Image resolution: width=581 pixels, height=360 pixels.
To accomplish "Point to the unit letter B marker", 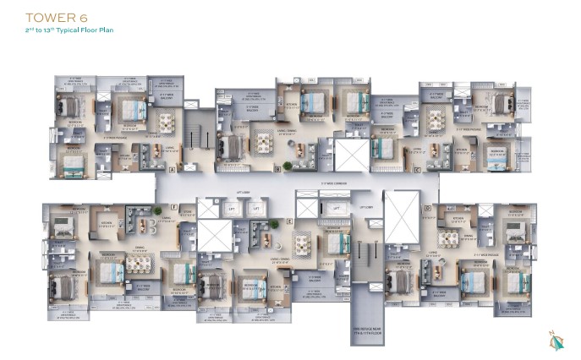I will [277, 169].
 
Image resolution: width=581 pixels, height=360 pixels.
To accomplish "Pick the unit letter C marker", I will [418, 170].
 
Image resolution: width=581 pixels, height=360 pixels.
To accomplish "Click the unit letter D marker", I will [428, 208].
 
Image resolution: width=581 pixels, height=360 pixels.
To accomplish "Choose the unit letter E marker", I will [290, 221].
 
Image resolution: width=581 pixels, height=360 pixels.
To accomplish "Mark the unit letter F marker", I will [173, 208].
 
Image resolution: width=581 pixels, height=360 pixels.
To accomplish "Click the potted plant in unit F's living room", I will [157, 210].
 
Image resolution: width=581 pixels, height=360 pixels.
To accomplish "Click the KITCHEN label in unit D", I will [458, 218].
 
